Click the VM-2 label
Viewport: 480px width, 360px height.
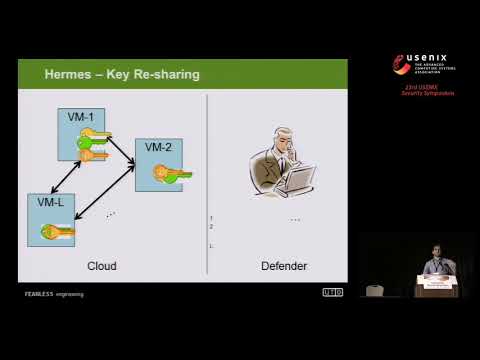click(x=158, y=147)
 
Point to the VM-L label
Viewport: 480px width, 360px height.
click(x=50, y=202)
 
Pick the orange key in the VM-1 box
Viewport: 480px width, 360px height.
click(x=92, y=155)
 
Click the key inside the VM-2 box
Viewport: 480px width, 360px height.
click(x=171, y=173)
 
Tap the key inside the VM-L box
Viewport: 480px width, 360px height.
click(x=59, y=231)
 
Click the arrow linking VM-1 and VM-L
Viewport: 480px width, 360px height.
click(x=64, y=176)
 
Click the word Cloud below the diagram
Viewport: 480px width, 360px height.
click(x=102, y=266)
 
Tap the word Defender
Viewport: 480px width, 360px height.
click(x=284, y=266)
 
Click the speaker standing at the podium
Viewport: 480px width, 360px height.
click(x=432, y=267)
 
